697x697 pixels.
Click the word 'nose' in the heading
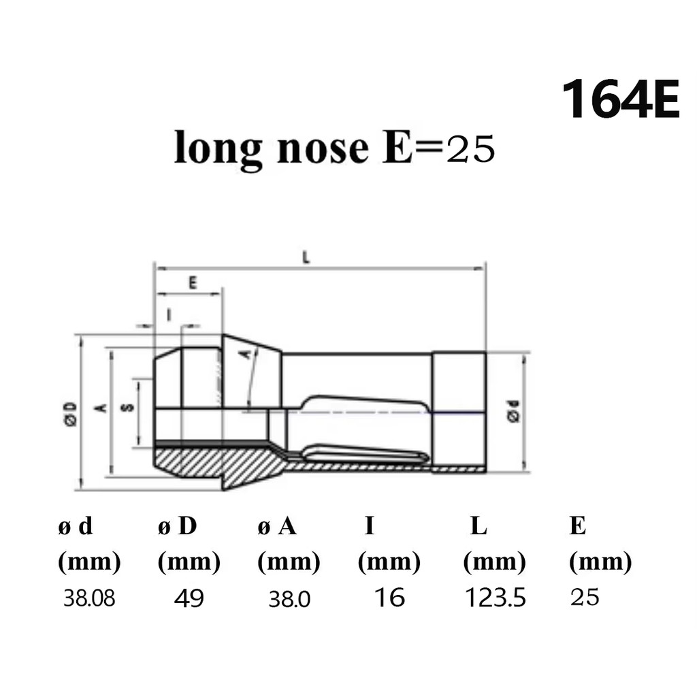click(323, 148)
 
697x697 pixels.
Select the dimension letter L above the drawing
click(307, 257)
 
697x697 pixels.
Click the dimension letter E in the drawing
click(193, 283)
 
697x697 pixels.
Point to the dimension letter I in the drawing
click(168, 314)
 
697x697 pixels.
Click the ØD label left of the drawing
click(69, 413)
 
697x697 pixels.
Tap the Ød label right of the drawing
click(515, 412)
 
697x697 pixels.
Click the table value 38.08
click(89, 598)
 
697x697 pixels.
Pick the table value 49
click(189, 598)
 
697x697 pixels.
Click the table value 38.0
click(289, 599)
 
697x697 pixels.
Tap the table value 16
click(389, 598)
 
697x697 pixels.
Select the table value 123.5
click(496, 598)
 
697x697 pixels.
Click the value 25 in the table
click(585, 598)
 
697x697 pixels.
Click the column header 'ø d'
click(76, 526)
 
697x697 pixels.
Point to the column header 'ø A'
click(277, 526)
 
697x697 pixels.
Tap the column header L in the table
click(479, 526)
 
